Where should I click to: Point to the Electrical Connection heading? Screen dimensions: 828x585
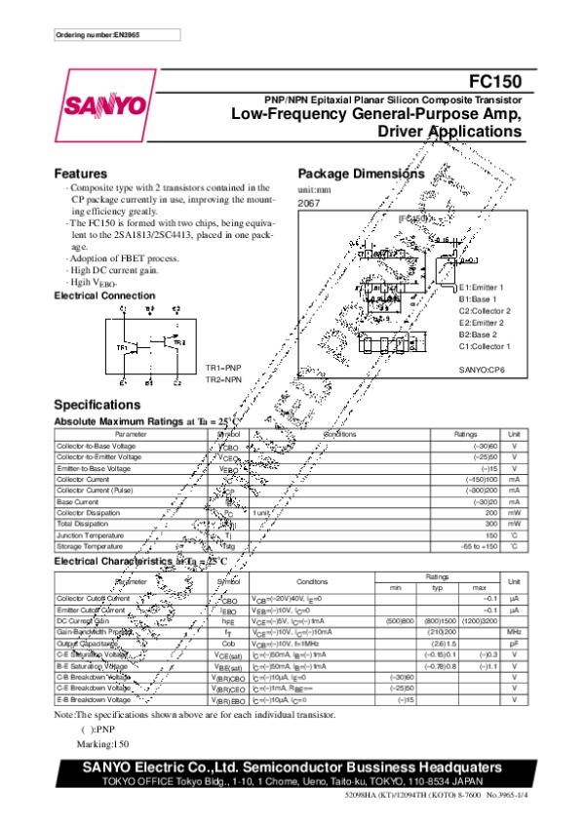[104, 295]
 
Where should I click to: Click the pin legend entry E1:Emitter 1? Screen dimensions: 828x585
[482, 288]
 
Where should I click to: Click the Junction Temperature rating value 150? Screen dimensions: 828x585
[490, 535]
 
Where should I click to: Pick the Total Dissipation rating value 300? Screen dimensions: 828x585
[490, 524]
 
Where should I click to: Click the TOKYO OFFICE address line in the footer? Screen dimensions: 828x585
[292, 781]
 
